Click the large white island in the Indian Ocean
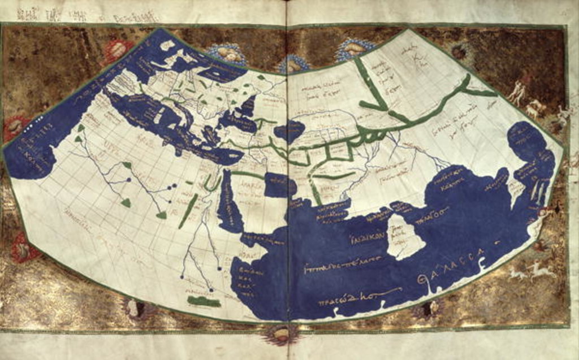click(x=405, y=236)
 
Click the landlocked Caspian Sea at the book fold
click(x=289, y=131)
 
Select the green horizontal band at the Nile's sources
click(x=204, y=301)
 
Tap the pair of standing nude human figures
click(x=517, y=92)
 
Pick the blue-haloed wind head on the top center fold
click(x=293, y=64)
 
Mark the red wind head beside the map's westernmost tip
click(x=16, y=128)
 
